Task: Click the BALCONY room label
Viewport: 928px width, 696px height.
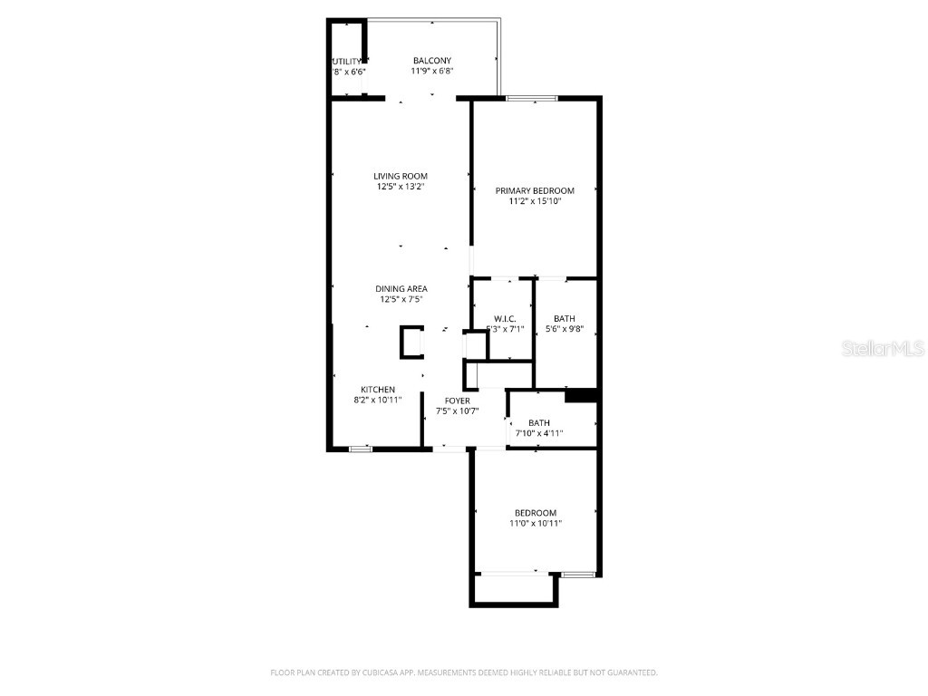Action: click(431, 61)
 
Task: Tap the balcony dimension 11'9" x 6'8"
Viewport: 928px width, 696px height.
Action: click(431, 72)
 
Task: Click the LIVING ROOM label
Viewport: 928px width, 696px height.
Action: click(401, 176)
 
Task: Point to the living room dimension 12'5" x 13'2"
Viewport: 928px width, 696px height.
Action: click(401, 187)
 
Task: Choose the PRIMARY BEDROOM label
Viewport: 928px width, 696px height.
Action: click(535, 190)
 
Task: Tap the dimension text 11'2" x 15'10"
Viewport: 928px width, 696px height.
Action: click(535, 201)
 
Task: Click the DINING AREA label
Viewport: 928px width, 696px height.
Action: click(401, 289)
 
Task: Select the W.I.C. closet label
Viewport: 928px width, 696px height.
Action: click(505, 318)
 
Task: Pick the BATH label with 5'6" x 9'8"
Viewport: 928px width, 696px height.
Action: click(565, 318)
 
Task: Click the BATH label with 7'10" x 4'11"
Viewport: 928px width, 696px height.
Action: click(539, 422)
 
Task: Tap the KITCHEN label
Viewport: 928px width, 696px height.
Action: click(378, 390)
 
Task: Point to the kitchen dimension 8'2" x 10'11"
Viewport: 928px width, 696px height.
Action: click(378, 400)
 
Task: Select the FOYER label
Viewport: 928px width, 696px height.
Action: click(457, 400)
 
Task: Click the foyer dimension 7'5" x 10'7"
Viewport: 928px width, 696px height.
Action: click(457, 411)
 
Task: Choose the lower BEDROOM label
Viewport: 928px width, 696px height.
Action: click(535, 513)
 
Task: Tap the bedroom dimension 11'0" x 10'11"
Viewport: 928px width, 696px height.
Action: click(535, 524)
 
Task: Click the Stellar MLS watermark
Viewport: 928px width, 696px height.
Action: click(883, 348)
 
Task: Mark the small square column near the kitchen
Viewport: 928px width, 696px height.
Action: click(411, 343)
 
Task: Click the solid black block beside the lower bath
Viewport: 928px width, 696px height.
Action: click(581, 395)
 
